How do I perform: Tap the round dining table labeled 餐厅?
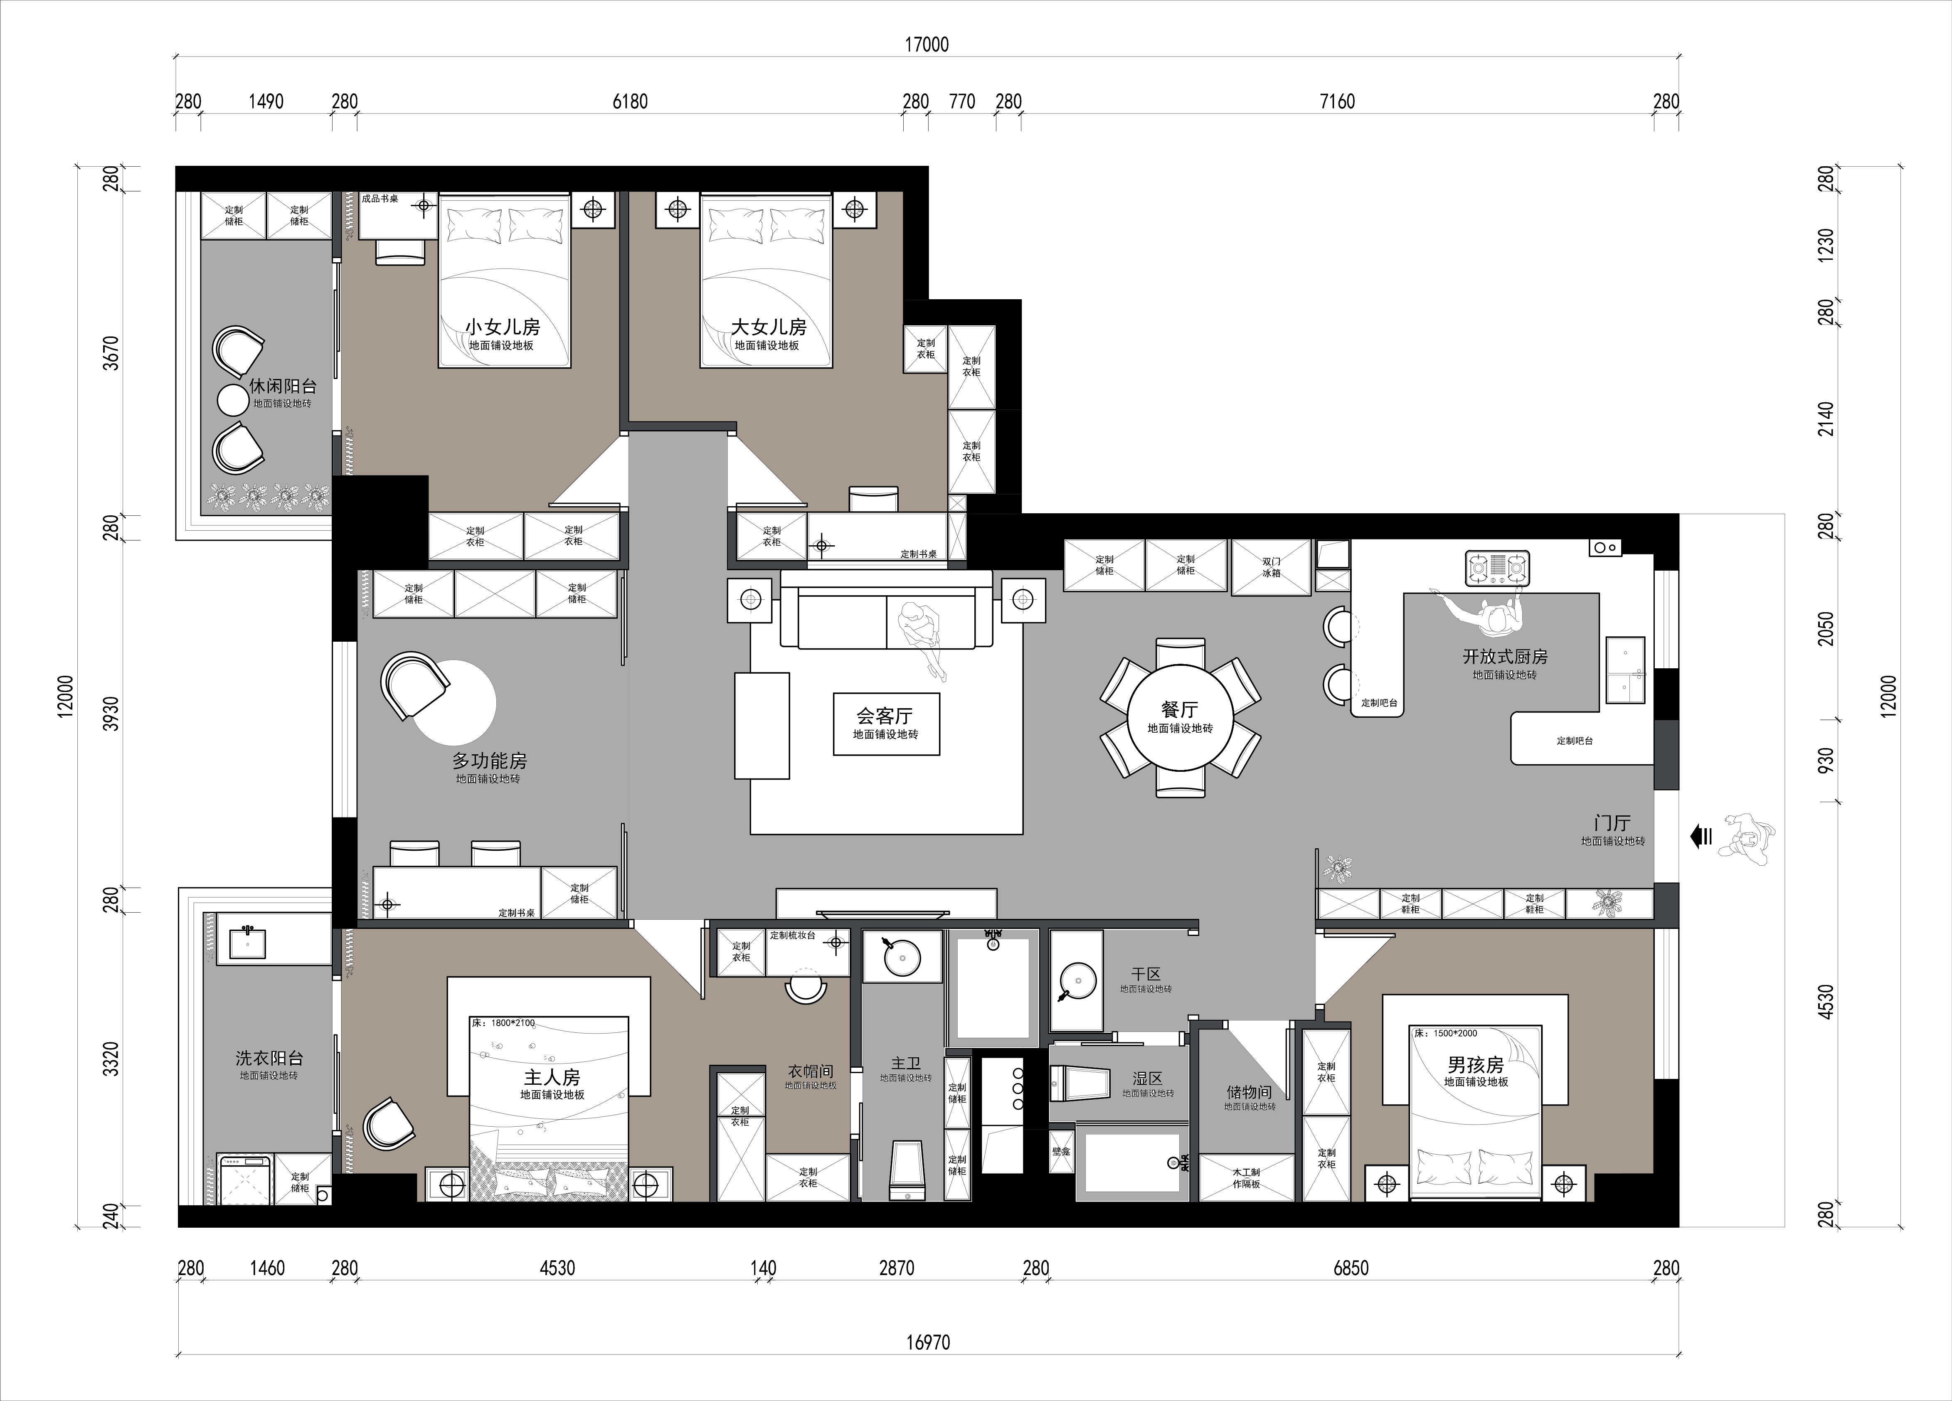[1180, 718]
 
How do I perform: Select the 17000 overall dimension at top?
[927, 45]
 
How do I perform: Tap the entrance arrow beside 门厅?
[1701, 836]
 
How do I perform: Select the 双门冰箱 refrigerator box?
[1271, 567]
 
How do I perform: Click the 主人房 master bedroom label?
[552, 1076]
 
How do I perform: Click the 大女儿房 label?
[769, 327]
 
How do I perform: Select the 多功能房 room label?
[489, 761]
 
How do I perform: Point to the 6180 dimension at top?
[630, 101]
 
